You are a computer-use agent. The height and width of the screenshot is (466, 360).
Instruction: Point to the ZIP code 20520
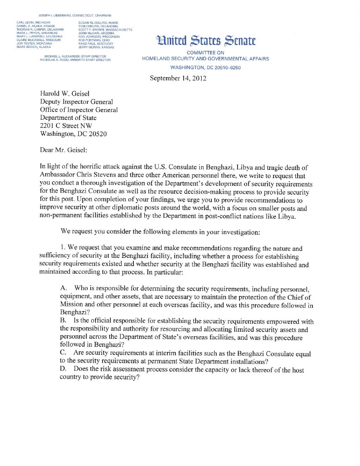pyautogui.click(x=97, y=133)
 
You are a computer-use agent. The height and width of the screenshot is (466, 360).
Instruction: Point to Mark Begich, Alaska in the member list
pyautogui.click(x=34, y=47)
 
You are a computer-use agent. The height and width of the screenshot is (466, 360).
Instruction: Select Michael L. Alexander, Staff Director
pyautogui.click(x=75, y=56)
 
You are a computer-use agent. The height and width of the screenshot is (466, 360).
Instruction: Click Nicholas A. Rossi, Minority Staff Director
pyautogui.click(x=75, y=60)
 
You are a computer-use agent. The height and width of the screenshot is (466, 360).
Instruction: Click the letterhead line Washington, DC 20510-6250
pyautogui.click(x=205, y=67)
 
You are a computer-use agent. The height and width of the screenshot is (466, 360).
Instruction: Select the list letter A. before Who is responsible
pyautogui.click(x=64, y=289)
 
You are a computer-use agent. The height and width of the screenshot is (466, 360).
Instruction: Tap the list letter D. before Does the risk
pyautogui.click(x=64, y=370)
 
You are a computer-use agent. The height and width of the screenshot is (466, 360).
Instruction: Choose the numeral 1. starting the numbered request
pyautogui.click(x=63, y=247)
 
